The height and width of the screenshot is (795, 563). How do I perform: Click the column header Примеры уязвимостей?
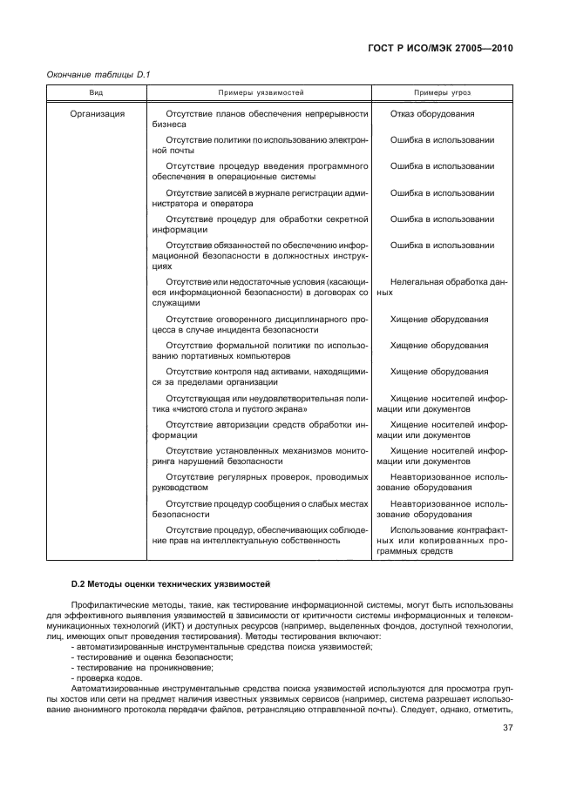click(x=259, y=91)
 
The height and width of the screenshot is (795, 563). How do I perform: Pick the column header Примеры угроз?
click(x=442, y=91)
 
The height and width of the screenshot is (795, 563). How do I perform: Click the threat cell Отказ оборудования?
click(x=432, y=114)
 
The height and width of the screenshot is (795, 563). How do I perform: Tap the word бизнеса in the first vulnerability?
click(x=168, y=125)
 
